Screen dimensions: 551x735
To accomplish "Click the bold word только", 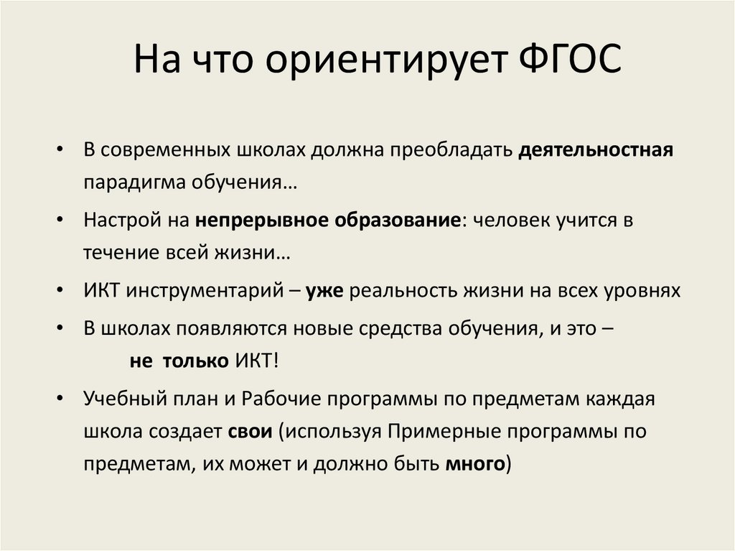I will click(195, 361).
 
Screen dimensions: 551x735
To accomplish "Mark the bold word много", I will click(474, 465).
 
